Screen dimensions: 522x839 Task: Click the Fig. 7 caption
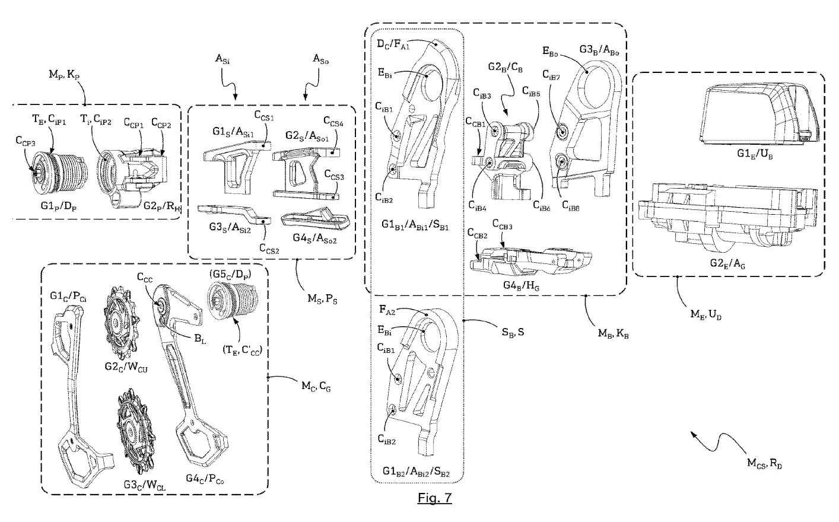pos(434,497)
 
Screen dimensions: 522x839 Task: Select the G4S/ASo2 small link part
pos(313,220)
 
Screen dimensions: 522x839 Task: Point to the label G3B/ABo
pos(599,49)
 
